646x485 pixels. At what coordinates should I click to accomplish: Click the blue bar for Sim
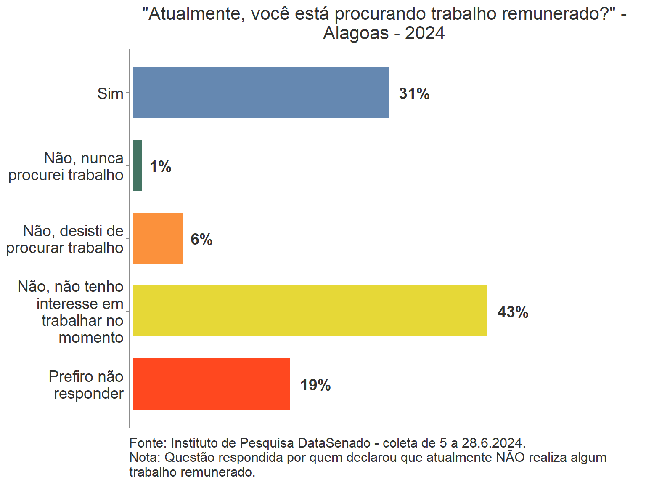pyautogui.click(x=261, y=92)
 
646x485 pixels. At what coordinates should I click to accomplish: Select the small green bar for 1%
pyautogui.click(x=138, y=165)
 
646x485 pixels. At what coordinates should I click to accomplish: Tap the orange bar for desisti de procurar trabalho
pyautogui.click(x=158, y=238)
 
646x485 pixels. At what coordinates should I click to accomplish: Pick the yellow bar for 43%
pyautogui.click(x=310, y=311)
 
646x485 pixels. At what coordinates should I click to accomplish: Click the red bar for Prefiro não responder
pyautogui.click(x=211, y=384)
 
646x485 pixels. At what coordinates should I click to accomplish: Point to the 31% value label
pyautogui.click(x=414, y=93)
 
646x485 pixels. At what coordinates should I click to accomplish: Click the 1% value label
pyautogui.click(x=161, y=167)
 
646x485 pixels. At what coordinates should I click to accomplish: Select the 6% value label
pyautogui.click(x=201, y=240)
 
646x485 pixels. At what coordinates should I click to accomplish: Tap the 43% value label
pyautogui.click(x=513, y=312)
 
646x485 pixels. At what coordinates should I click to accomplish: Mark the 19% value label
pyautogui.click(x=315, y=385)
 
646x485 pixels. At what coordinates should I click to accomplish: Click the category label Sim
pyautogui.click(x=110, y=93)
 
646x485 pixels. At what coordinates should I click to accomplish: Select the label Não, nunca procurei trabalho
pyautogui.click(x=66, y=166)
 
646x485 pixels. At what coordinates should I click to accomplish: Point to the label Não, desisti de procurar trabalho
pyautogui.click(x=65, y=239)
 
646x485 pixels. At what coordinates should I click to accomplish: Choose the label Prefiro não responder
pyautogui.click(x=86, y=385)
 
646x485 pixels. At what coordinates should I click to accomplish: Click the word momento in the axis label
pyautogui.click(x=91, y=337)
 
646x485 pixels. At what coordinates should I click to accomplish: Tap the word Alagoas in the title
pyautogui.click(x=356, y=33)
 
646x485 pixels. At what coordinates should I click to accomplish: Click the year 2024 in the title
pyautogui.click(x=425, y=33)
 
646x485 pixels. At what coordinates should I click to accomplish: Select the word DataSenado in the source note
pyautogui.click(x=334, y=443)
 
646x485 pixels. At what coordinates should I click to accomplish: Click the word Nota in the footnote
pyautogui.click(x=144, y=457)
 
